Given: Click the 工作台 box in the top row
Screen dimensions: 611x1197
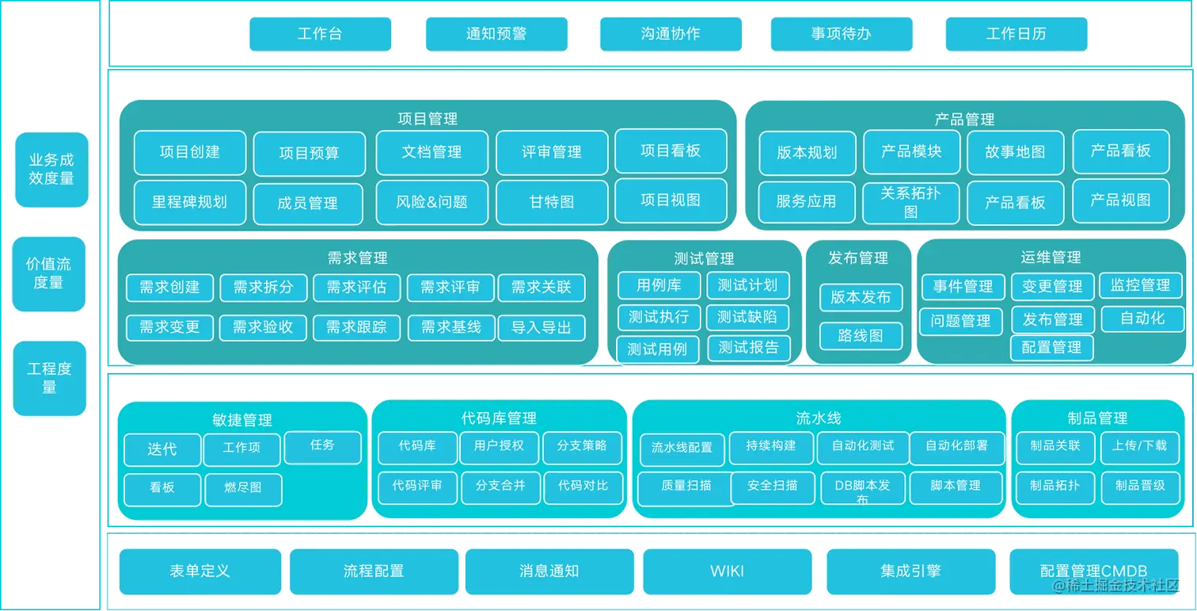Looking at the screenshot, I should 320,34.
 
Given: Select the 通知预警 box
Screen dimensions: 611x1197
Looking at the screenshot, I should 496,34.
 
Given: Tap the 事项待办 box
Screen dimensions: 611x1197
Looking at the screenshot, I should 841,34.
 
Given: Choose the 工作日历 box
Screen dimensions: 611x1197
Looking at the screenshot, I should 1016,34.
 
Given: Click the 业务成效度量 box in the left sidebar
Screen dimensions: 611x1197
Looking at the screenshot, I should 51,170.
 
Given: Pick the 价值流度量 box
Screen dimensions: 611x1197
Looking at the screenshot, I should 49,273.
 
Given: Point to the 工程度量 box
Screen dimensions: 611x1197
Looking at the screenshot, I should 49,378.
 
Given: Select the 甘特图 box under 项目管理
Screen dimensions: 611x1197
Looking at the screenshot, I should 552,202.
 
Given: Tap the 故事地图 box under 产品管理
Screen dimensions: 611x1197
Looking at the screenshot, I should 1015,152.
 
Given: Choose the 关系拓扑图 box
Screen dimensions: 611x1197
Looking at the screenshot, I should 910,202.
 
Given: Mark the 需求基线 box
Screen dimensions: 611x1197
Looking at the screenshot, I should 450,327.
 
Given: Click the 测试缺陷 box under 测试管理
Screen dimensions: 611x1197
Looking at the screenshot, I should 747,317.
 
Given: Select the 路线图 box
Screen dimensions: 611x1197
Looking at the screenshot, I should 860,336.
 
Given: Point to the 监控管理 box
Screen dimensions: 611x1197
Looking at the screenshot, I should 1140,285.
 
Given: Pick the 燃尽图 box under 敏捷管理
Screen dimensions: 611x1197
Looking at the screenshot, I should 243,488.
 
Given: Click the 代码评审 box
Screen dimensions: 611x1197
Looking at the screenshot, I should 417,486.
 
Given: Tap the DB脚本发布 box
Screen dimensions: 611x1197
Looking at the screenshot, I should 861,488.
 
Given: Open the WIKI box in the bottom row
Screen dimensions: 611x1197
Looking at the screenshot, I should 727,571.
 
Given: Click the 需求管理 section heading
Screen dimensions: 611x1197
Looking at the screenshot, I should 357,258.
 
